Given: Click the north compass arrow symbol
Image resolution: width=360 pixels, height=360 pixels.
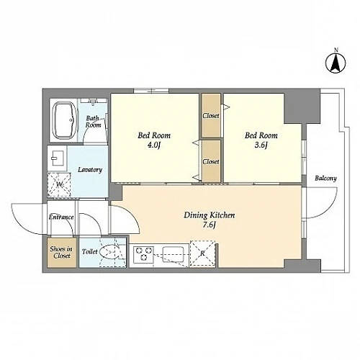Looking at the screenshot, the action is tap(336, 63).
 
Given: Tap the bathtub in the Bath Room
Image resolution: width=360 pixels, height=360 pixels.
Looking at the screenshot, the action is tap(66, 120).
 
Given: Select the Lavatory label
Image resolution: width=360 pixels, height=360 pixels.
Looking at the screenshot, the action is tap(90, 170).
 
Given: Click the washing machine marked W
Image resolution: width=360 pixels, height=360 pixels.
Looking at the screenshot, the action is tap(59, 185).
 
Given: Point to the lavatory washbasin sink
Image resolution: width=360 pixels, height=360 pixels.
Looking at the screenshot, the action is tap(58, 158).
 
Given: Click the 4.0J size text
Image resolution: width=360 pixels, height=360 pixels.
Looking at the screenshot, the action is tap(154, 145).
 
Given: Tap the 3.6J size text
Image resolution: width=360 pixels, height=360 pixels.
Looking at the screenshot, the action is tap(261, 145).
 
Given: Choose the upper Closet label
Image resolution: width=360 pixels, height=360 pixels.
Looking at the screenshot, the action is tap(211, 116).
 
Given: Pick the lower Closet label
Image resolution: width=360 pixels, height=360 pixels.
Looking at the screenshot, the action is tap(211, 162).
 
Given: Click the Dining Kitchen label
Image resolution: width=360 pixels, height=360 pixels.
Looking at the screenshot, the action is tap(210, 215).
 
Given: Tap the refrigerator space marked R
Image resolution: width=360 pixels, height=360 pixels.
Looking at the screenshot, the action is tap(202, 253).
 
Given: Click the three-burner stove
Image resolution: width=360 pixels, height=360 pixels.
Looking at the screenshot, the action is tap(144, 254).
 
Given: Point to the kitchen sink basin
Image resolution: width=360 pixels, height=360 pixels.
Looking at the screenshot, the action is tap(173, 254).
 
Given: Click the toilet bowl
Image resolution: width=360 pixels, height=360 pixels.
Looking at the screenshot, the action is tap(109, 252).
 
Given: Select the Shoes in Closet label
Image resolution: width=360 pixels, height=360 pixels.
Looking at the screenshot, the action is tap(62, 252).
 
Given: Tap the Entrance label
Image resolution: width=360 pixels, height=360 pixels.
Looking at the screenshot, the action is tap(61, 217).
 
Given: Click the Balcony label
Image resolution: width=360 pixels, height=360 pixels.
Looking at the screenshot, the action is tap(325, 179).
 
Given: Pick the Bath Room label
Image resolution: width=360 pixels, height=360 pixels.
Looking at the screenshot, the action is tap(93, 122).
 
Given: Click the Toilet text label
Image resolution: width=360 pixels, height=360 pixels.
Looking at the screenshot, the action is tap(90, 252).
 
